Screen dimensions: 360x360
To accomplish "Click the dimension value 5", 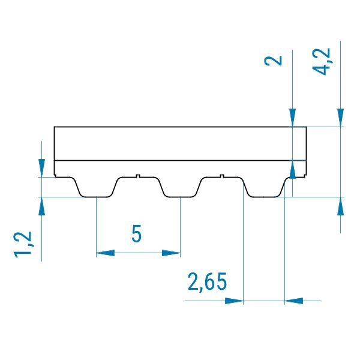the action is [x=136, y=233].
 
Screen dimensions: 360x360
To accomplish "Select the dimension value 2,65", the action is [x=207, y=282].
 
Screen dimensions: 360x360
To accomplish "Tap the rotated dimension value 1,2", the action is [x=23, y=244].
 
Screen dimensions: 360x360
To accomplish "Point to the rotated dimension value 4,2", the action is [x=322, y=62].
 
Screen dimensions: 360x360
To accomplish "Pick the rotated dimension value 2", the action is [x=273, y=61].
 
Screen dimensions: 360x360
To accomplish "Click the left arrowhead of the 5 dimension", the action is [x=105, y=253].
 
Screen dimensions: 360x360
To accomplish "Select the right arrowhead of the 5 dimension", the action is [x=171, y=253].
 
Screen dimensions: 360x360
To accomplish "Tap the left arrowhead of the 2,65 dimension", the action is [x=234, y=301].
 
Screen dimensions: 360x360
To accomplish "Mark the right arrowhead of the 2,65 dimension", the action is [x=294, y=301].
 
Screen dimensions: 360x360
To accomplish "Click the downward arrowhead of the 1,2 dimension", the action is [x=41, y=168].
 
